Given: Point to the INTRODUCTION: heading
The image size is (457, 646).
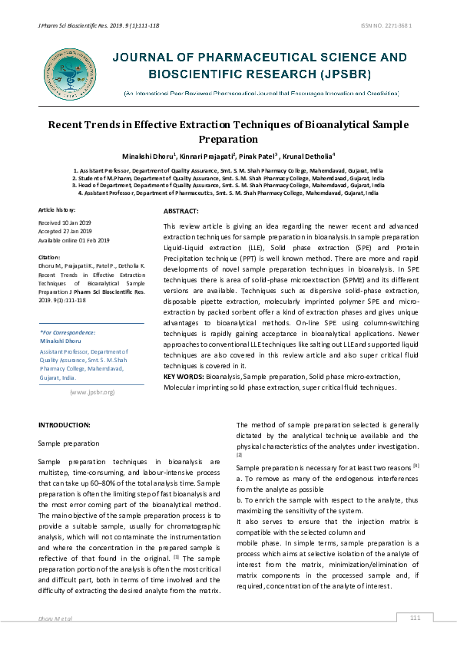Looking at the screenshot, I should point(65,424).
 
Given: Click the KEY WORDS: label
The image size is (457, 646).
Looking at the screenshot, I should point(183,377).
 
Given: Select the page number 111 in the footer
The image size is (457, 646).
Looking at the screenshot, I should point(416,618).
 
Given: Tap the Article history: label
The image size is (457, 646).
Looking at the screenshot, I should point(58,209).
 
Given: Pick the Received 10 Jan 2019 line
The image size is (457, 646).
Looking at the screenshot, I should point(65,222).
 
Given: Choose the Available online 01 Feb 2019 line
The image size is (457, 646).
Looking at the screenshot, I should point(74,240).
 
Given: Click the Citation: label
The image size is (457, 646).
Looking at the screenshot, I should point(49,257).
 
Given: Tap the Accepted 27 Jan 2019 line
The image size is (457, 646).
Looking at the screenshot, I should point(65,231).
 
